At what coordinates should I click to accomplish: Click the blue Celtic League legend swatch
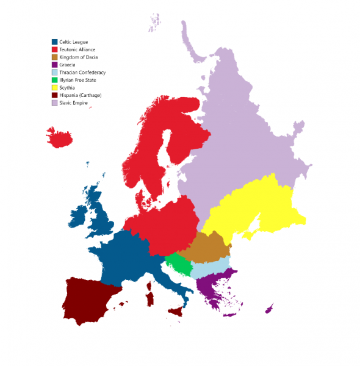[x=54, y=41]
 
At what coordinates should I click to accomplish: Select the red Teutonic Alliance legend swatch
[x=54, y=49]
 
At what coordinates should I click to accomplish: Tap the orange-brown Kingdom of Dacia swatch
[x=54, y=57]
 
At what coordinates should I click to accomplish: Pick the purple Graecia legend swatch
[x=54, y=65]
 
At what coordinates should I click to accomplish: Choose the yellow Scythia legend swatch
[x=54, y=88]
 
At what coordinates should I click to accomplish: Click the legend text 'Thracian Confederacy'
[x=82, y=73]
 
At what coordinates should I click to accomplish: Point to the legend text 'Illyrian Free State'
[x=78, y=80]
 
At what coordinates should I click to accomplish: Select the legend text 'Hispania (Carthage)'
[x=80, y=95]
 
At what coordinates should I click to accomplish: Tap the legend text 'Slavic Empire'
[x=74, y=103]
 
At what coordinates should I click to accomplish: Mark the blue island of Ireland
[x=79, y=216]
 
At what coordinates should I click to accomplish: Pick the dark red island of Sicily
[x=175, y=312]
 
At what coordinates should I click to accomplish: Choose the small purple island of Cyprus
[x=268, y=310]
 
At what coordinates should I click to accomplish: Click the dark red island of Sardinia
[x=149, y=298]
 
